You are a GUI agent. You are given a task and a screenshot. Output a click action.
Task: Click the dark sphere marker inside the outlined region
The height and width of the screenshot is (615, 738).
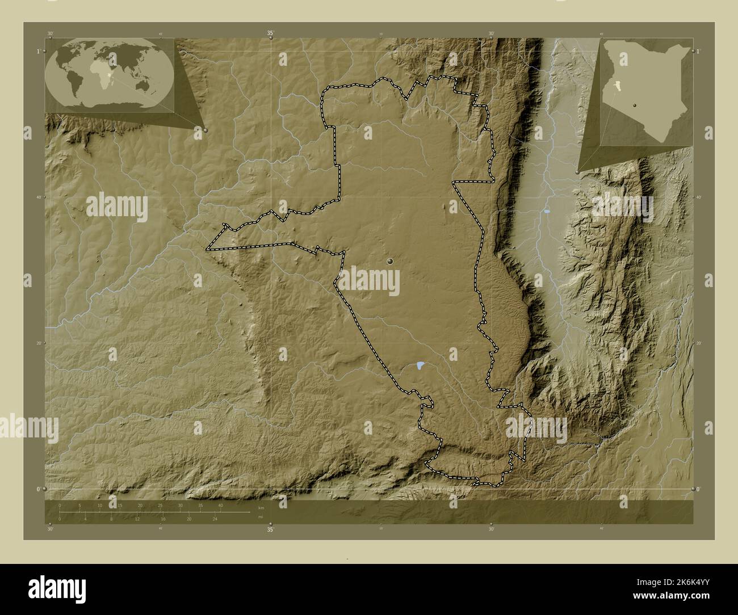(391, 261)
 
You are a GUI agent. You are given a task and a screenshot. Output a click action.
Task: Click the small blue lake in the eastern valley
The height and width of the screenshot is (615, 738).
(546, 212)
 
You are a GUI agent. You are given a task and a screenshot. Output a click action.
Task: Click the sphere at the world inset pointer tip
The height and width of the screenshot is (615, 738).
(205, 130)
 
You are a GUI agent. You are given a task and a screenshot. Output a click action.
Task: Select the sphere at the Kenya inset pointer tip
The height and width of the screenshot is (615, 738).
(578, 170)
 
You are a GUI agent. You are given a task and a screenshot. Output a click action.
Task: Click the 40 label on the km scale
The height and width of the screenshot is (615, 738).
(220, 506)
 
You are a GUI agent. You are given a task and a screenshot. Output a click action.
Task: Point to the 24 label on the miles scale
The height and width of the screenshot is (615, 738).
(215, 519)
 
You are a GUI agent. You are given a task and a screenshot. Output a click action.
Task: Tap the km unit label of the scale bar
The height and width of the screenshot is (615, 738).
(261, 508)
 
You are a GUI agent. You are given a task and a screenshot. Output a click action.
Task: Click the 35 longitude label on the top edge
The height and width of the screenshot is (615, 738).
(271, 34)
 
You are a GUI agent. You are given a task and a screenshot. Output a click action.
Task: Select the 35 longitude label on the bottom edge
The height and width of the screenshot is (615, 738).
(271, 530)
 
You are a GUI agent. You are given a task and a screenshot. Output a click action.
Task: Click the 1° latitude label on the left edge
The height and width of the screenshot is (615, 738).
(38, 51)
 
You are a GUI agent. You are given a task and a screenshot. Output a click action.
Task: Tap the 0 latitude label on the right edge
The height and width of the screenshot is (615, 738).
(699, 489)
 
